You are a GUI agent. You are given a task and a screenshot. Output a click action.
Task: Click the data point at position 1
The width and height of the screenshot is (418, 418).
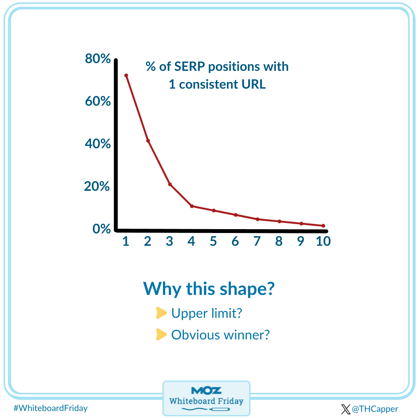click(126, 75)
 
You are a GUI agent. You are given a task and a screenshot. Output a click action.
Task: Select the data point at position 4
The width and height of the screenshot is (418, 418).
click(192, 206)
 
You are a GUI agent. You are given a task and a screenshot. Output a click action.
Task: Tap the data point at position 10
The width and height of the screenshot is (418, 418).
click(323, 226)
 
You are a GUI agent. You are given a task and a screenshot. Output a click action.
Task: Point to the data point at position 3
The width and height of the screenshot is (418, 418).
click(170, 184)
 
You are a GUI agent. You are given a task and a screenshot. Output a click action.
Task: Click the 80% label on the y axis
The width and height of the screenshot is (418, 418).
click(97, 59)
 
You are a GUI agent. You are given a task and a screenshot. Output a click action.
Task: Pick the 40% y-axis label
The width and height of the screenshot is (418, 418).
click(97, 144)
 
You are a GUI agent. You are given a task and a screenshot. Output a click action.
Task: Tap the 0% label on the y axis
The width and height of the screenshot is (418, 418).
click(101, 229)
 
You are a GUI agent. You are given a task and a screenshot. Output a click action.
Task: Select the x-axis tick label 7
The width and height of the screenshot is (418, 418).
click(257, 241)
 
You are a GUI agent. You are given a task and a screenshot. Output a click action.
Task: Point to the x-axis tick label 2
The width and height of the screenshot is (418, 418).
click(147, 241)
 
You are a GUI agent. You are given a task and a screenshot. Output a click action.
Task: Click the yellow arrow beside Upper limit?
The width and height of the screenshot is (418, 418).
click(161, 313)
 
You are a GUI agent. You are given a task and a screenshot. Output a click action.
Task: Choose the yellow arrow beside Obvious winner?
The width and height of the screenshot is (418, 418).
click(161, 334)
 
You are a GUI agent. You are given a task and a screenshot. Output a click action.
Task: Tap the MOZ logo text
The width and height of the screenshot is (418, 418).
click(206, 390)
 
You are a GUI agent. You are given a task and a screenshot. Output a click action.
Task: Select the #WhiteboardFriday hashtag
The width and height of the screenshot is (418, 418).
click(50, 408)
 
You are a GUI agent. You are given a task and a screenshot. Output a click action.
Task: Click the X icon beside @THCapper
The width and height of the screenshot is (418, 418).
click(346, 409)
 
